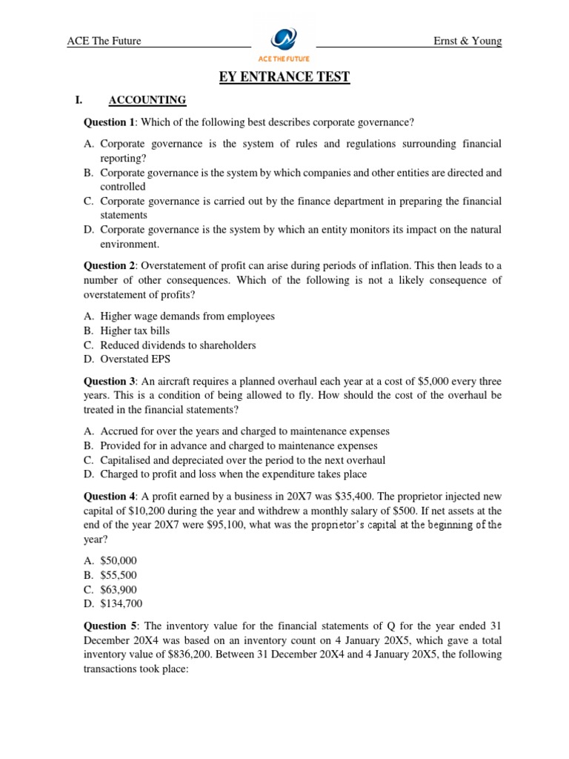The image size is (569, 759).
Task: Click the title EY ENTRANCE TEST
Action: (x=284, y=77)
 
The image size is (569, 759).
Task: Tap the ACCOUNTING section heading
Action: (x=147, y=100)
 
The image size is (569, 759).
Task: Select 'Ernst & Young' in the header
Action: (x=467, y=41)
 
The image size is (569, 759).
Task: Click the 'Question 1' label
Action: (x=110, y=122)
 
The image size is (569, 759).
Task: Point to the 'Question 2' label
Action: (x=110, y=265)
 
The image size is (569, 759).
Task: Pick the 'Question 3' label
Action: (x=110, y=381)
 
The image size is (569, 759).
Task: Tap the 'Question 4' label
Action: (x=110, y=496)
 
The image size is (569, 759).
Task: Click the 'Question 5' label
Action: (x=110, y=626)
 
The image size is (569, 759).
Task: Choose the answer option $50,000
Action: (x=119, y=561)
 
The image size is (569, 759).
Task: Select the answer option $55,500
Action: (x=119, y=575)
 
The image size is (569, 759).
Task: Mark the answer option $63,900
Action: (x=119, y=589)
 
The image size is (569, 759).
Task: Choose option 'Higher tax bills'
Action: (x=139, y=331)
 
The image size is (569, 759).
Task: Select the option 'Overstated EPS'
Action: (x=137, y=359)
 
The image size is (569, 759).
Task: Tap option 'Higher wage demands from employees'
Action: (x=187, y=316)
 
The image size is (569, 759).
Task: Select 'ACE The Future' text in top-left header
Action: (x=104, y=41)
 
